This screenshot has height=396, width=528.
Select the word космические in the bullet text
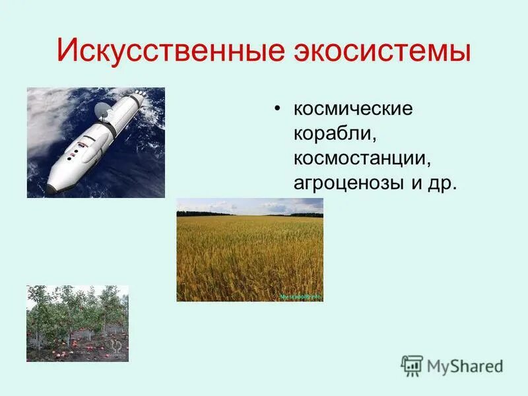353,108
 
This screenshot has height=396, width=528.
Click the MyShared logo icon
412,365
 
